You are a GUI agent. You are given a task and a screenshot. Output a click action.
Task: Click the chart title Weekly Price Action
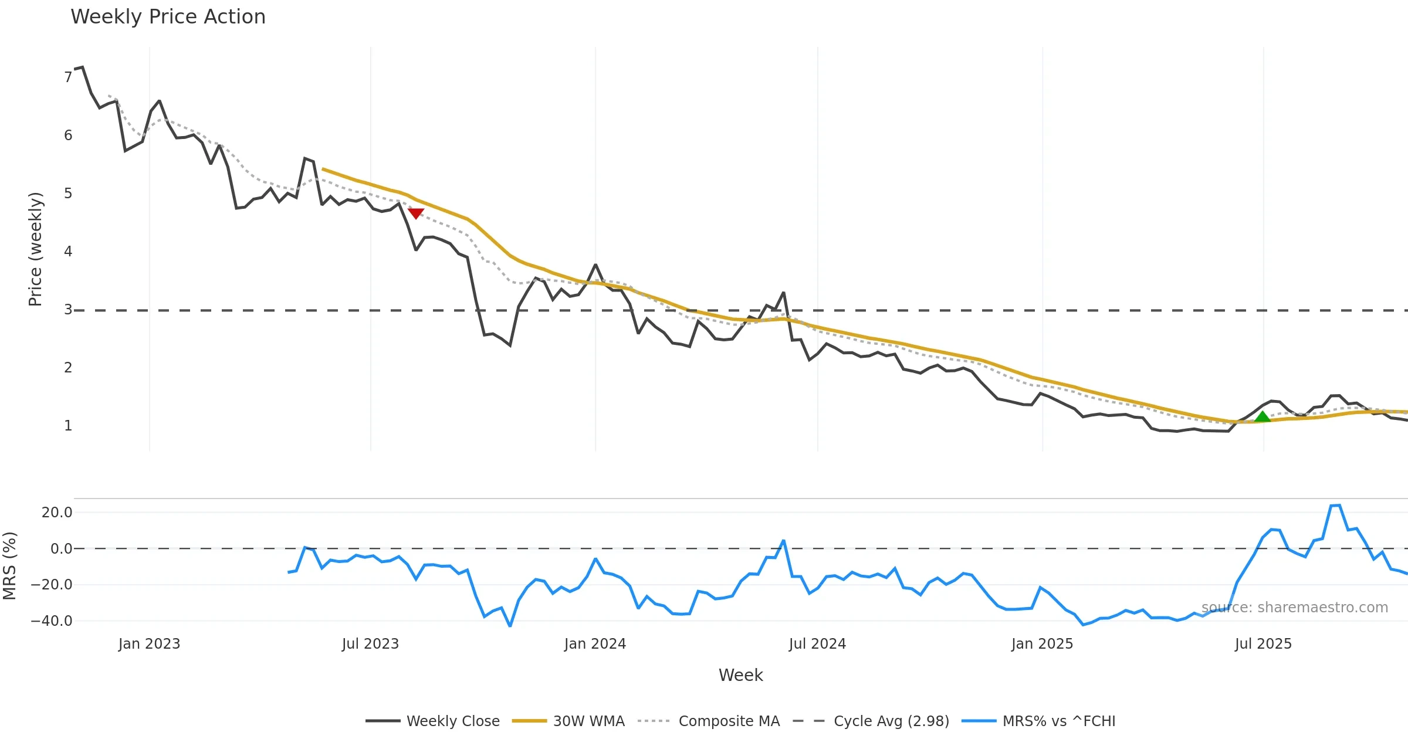(168, 17)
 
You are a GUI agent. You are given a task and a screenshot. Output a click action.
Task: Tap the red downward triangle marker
(416, 213)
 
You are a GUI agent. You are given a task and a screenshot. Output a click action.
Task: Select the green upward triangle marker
(1263, 416)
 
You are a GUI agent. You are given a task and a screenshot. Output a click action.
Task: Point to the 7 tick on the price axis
(68, 77)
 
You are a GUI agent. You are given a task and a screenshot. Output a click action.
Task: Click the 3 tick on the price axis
(68, 310)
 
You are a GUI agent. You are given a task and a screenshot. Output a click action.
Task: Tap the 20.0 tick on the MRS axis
(57, 513)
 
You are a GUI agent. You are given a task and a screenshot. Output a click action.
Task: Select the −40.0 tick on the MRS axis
(52, 621)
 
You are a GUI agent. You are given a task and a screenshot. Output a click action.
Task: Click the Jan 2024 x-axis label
(595, 644)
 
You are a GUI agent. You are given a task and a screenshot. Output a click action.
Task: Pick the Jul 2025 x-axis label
(1263, 644)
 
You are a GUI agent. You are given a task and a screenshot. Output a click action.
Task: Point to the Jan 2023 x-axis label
(149, 644)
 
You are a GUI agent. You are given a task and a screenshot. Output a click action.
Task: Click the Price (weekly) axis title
(35, 249)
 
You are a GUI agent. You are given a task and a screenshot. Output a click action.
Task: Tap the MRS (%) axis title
(10, 565)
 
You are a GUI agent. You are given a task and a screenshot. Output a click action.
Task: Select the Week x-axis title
(740, 676)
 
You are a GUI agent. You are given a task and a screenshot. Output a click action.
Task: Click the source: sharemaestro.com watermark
(1294, 608)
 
